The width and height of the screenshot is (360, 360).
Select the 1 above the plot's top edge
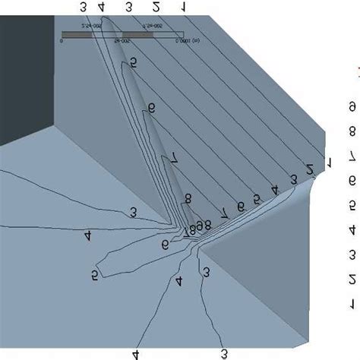(x=184, y=7)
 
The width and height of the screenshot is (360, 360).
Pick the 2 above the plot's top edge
(x=156, y=7)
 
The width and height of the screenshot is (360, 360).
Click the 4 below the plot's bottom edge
(x=136, y=354)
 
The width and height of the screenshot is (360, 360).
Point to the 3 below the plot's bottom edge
(x=223, y=354)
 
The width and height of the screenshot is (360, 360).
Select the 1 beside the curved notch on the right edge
(x=329, y=162)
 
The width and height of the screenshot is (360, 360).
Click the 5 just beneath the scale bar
(x=134, y=63)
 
